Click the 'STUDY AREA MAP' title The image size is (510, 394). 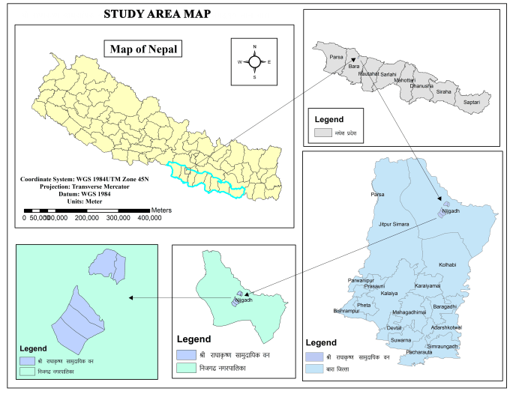click(x=157, y=14)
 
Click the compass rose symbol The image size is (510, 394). click(x=254, y=61)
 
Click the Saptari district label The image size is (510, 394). click(x=472, y=100)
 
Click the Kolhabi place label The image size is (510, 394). click(x=447, y=265)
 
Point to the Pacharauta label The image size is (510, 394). click(x=419, y=352)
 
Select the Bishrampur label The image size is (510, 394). click(x=346, y=310)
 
